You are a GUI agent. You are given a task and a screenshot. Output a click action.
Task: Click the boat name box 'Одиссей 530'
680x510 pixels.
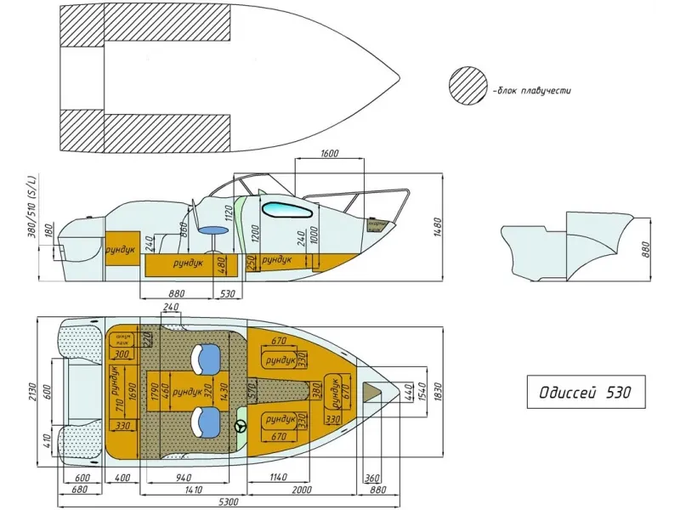click(x=585, y=393)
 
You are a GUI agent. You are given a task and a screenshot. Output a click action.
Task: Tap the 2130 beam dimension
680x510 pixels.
click(x=31, y=392)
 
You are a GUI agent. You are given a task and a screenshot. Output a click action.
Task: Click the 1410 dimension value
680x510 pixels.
click(x=194, y=490)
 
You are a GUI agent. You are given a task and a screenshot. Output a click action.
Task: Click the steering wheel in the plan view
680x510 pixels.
click(x=241, y=426)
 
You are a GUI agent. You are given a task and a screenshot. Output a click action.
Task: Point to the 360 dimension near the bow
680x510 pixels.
click(x=372, y=479)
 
